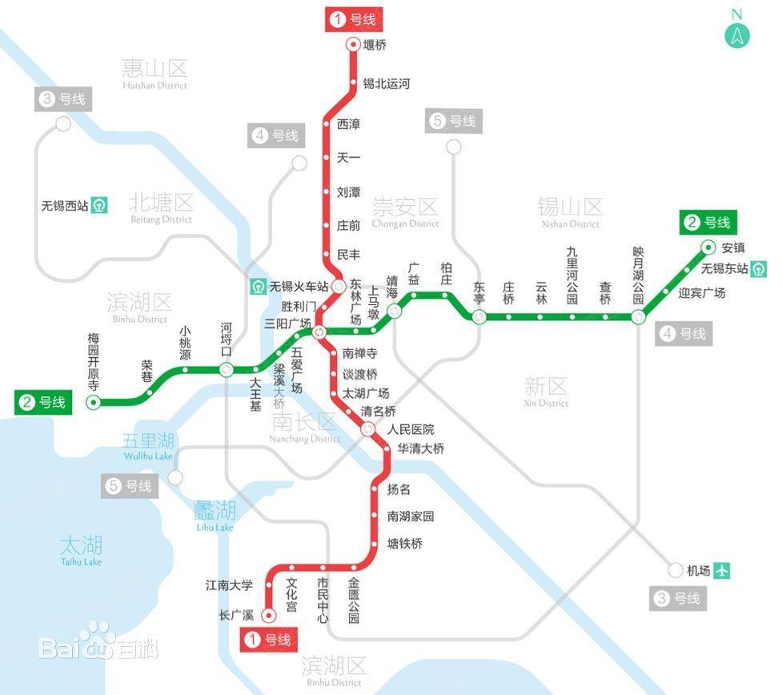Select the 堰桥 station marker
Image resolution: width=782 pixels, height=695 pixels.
[x=353, y=45]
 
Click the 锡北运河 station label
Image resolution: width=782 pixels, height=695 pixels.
[x=387, y=83]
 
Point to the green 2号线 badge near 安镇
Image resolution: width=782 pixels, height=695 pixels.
[x=708, y=223]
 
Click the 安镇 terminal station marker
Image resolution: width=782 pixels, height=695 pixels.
[x=708, y=247]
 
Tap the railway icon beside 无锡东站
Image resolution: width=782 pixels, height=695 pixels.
[x=759, y=268]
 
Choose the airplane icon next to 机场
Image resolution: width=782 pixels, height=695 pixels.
[x=722, y=571]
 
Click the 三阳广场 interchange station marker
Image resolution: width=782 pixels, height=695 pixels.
[x=319, y=332]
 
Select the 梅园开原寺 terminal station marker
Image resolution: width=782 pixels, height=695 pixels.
[x=94, y=403]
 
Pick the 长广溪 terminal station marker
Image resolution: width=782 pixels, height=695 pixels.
[x=269, y=615]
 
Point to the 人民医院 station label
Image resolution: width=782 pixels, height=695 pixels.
[x=411, y=430]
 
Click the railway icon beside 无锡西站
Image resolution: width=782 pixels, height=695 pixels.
[x=99, y=205]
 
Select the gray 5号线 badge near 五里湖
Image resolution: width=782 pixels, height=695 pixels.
[x=130, y=486]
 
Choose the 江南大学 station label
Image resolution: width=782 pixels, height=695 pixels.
[x=229, y=585]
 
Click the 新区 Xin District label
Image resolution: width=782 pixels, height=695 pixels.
[x=547, y=391]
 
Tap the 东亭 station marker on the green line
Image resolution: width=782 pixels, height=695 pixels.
[x=479, y=316]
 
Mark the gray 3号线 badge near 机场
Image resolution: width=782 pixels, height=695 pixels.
[x=678, y=598]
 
